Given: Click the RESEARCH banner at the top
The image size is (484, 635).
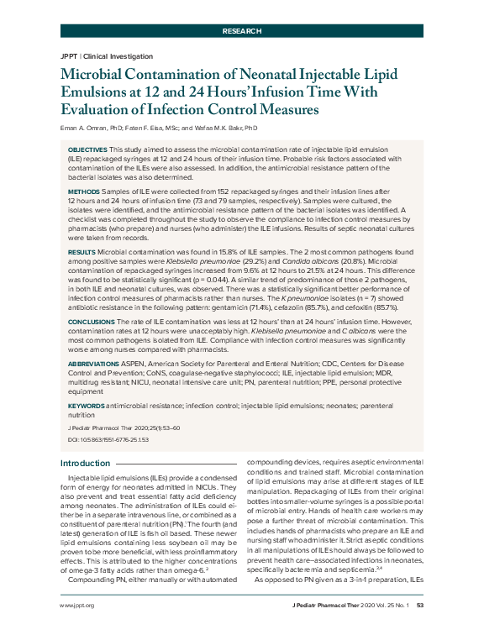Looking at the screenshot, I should point(241,30).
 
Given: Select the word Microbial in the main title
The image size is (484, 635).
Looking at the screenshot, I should point(101,74).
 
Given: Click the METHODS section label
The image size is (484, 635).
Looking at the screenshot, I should point(83,192).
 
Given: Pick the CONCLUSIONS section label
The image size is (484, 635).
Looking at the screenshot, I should point(92,319).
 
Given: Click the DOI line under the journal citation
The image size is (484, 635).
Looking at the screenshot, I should point(96,438).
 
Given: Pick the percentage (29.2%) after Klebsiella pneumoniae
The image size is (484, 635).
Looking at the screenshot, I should point(231,260).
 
